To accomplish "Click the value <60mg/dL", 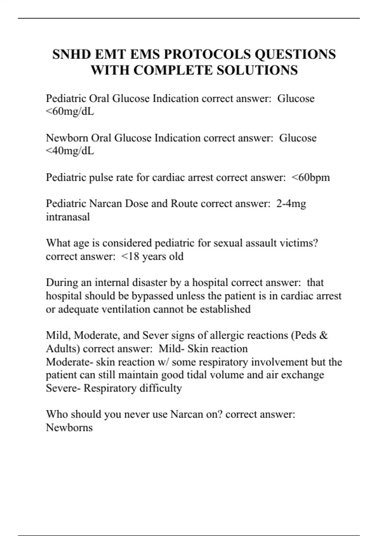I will [70, 112].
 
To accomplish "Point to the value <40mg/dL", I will [70, 151].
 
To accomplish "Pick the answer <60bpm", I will [311, 178].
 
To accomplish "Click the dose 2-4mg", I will [291, 204].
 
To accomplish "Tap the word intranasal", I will [68, 217].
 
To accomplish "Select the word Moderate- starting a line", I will [69, 362].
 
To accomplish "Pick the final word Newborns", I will [69, 428].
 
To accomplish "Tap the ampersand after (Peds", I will [323, 335].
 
